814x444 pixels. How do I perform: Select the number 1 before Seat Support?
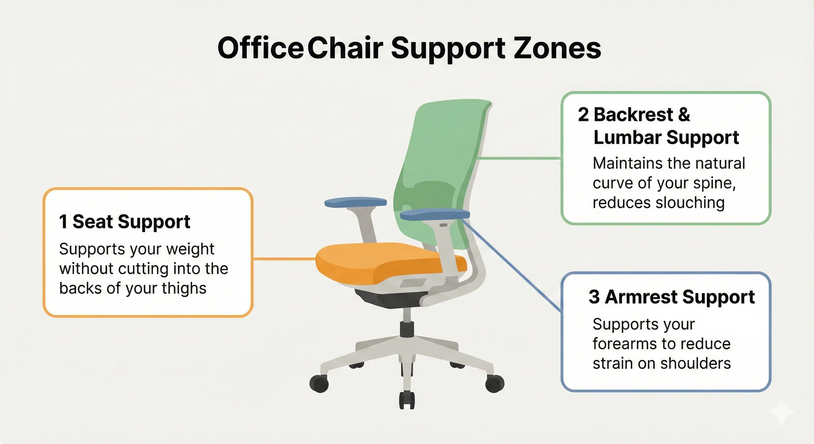pyautogui.click(x=63, y=221)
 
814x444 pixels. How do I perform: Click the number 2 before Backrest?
pyautogui.click(x=583, y=114)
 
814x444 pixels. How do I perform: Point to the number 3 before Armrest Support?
pyautogui.click(x=594, y=297)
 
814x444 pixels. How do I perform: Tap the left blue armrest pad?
pyautogui.click(x=356, y=202)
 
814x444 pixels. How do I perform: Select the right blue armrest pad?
pyautogui.click(x=434, y=214)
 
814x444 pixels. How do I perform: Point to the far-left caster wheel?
pyautogui.click(x=319, y=384)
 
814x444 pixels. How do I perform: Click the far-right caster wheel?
pyautogui.click(x=495, y=383)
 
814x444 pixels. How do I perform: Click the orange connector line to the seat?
pyautogui.click(x=284, y=259)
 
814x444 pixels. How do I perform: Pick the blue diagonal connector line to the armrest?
pyautogui.click(x=512, y=265)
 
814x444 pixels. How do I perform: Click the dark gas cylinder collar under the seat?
pyautogui.click(x=407, y=329)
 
